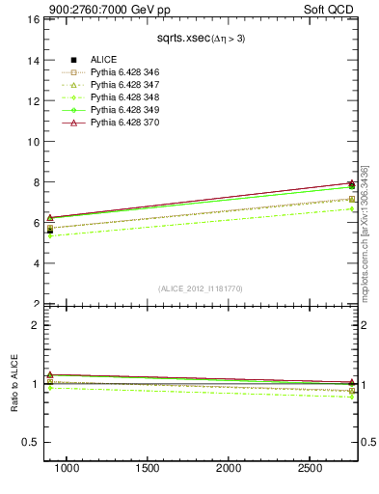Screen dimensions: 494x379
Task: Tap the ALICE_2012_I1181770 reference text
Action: (199, 288)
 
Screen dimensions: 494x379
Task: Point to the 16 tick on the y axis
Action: (32, 19)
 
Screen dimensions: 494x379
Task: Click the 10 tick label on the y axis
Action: (32, 141)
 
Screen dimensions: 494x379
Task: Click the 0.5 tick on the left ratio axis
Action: (29, 442)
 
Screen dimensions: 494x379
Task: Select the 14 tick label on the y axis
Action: (32, 60)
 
